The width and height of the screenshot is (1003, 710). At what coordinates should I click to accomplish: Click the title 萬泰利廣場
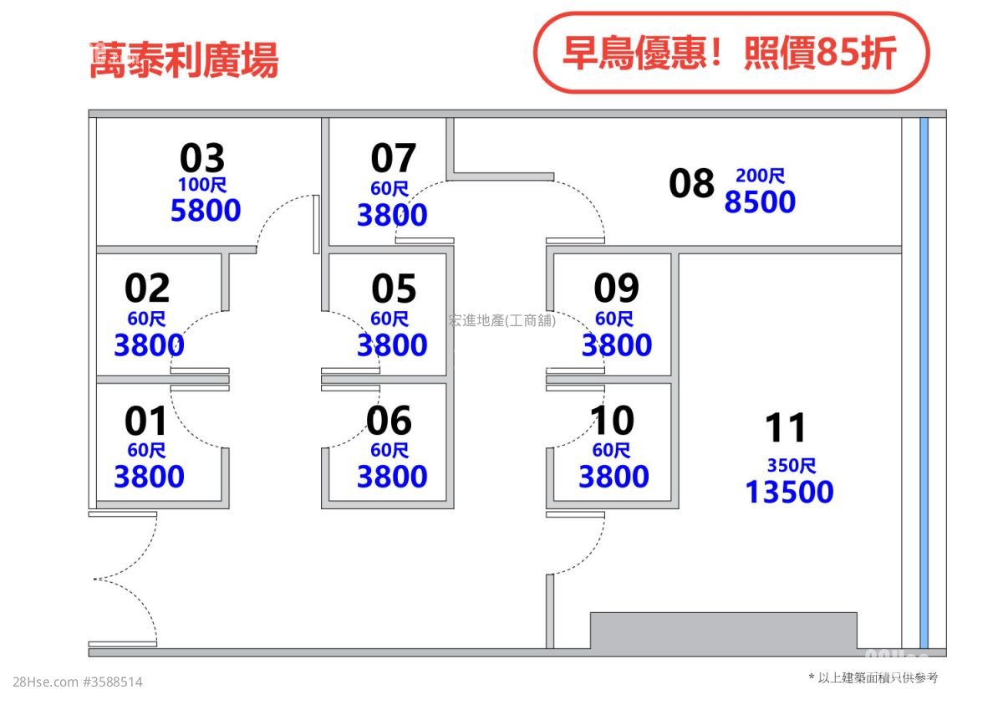tap(184, 60)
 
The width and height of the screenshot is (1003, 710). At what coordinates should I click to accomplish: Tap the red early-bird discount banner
tap(731, 53)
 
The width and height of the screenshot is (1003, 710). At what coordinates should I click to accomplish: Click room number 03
tap(202, 158)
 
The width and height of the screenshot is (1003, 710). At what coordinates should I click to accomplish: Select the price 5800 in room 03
tap(206, 210)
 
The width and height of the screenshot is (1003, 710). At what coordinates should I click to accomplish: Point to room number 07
tap(394, 158)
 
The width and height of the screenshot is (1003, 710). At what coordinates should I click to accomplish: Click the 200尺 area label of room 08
tap(761, 176)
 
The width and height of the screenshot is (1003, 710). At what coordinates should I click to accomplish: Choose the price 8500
tap(760, 202)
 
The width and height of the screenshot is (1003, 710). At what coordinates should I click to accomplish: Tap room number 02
tap(147, 288)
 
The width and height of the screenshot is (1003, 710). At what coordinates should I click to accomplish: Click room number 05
tap(394, 288)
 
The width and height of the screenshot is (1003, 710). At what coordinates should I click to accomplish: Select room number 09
tap(617, 288)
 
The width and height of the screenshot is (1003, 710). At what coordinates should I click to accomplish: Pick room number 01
tap(145, 421)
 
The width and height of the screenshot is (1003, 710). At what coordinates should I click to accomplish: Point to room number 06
tap(389, 421)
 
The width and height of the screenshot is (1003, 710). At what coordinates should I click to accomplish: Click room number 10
tap(612, 421)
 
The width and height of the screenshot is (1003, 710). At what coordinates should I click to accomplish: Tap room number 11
tap(786, 428)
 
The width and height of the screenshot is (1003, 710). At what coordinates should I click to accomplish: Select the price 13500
tap(789, 492)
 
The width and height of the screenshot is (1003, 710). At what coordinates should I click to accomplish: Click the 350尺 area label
tap(792, 466)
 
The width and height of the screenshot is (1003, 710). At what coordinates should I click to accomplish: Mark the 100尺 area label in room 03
tap(202, 185)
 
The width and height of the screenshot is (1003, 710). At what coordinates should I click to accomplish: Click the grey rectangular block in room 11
tap(724, 631)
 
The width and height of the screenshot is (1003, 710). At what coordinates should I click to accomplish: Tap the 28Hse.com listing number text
tap(78, 682)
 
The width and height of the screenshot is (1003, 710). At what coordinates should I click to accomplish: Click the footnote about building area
tap(873, 677)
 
